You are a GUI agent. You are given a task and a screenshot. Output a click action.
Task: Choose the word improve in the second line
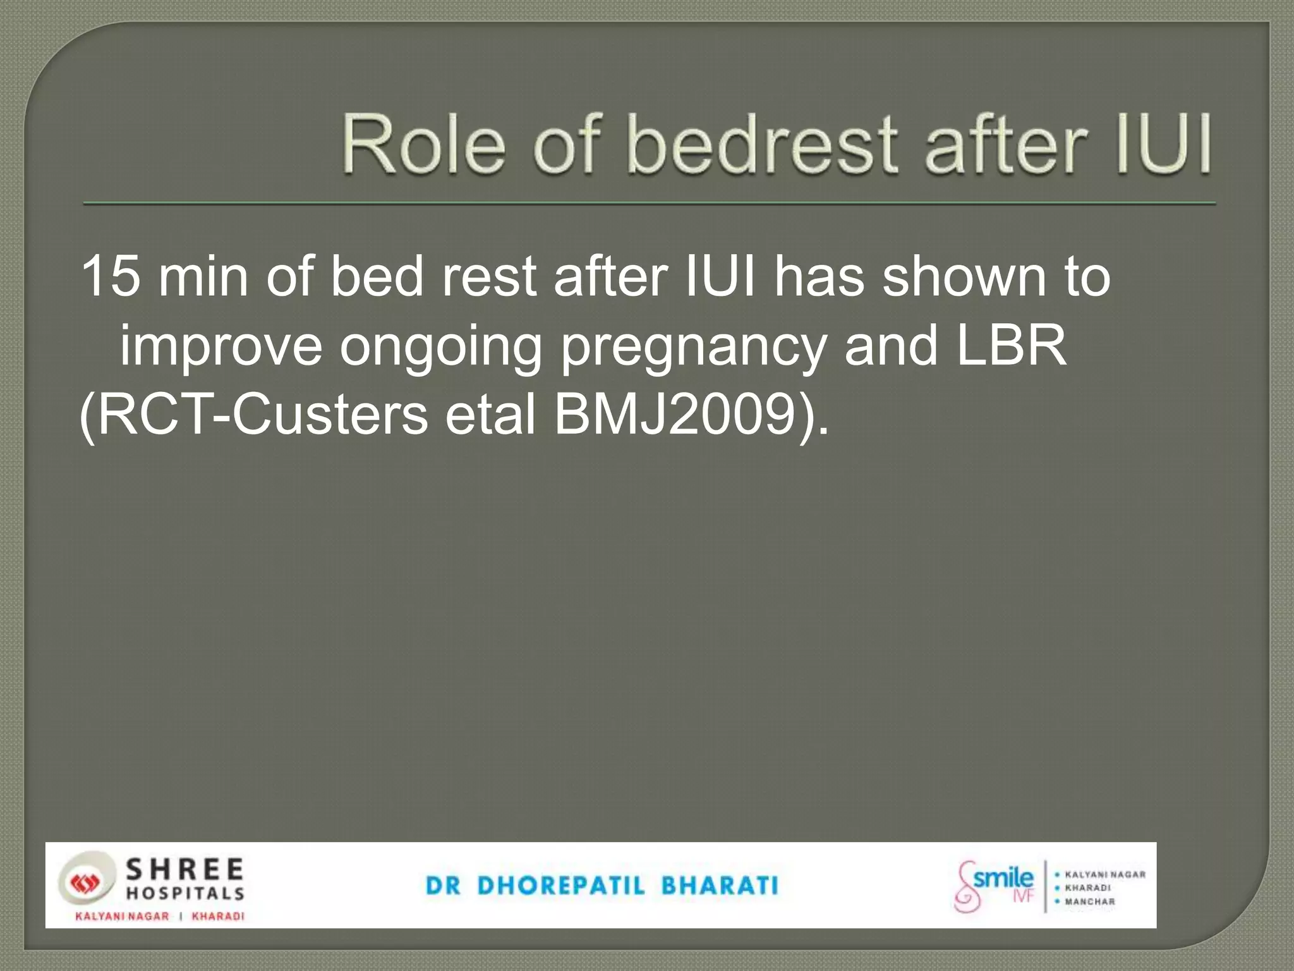pyautogui.click(x=221, y=346)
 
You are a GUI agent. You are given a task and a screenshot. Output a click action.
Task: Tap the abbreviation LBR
pyautogui.click(x=1012, y=346)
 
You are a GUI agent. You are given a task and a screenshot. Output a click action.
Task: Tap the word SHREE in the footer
pyautogui.click(x=185, y=870)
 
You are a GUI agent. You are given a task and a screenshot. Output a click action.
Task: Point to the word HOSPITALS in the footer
pyautogui.click(x=185, y=893)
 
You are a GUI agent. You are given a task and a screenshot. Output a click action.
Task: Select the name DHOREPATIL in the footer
pyautogui.click(x=562, y=886)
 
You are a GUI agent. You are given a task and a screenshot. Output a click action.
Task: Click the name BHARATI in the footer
pyautogui.click(x=720, y=886)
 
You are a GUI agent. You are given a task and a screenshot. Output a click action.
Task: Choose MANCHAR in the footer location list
pyautogui.click(x=1090, y=901)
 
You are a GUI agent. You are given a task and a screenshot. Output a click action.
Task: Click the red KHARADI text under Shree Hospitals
pyautogui.click(x=218, y=916)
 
